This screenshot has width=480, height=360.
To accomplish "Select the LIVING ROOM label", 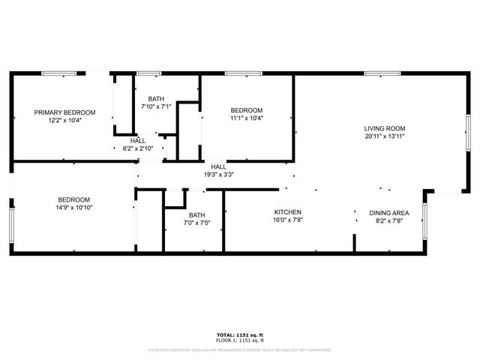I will point(385,128).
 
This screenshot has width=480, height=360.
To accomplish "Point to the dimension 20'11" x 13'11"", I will point(385,136).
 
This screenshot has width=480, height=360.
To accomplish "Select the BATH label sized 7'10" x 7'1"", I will point(155,98).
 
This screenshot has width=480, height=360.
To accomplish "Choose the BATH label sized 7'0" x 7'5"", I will point(196,214).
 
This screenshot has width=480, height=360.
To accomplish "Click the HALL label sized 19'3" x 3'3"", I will point(218,166).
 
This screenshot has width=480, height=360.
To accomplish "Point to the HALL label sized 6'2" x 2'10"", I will point(138,140).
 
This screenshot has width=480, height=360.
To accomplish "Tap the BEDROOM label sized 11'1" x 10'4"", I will point(247,109).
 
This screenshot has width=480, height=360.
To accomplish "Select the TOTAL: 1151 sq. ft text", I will point(240,334).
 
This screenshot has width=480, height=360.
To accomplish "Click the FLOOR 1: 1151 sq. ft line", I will point(240,340).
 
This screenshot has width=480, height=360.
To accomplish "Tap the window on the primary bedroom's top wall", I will point(58,73).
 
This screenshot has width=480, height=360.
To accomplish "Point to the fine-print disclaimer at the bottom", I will point(240,349).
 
